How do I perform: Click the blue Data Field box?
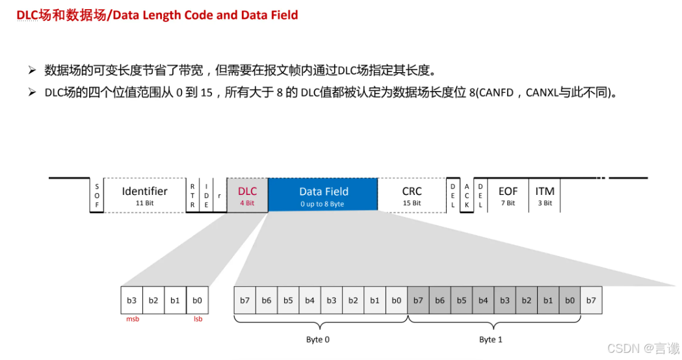pyautogui.click(x=323, y=194)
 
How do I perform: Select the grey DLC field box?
pyautogui.click(x=247, y=194)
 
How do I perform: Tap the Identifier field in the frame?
pyautogui.click(x=144, y=194)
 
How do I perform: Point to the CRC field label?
pyautogui.click(x=412, y=192)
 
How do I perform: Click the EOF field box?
pyautogui.click(x=508, y=194)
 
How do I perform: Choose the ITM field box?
pyautogui.click(x=545, y=194)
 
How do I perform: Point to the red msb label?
pyautogui.click(x=133, y=319)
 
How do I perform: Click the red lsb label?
pyautogui.click(x=198, y=319)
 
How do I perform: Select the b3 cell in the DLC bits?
pyautogui.click(x=132, y=300)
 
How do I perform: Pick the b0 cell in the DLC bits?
pyautogui.click(x=197, y=300)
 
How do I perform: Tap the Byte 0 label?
pyautogui.click(x=318, y=340)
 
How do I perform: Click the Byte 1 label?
pyautogui.click(x=491, y=340)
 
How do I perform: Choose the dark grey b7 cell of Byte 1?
pyautogui.click(x=418, y=300)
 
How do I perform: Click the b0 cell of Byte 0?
pyautogui.click(x=396, y=300)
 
